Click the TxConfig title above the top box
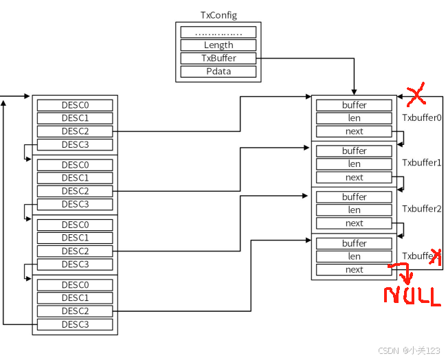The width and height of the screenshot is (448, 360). pos(218,15)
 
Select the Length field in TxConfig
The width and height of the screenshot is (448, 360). pos(218,45)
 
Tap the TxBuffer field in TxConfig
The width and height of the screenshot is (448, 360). pos(218,58)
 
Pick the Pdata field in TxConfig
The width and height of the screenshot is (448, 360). pos(218,71)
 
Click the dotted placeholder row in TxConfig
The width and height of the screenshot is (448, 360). pos(218,32)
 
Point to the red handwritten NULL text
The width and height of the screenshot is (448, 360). pos(412,296)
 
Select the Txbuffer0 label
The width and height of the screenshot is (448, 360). pos(422,117)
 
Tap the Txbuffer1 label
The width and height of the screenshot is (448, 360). pos(422,163)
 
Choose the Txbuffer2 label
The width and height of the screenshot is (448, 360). pos(422,209)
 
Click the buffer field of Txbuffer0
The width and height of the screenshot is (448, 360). pos(354,105)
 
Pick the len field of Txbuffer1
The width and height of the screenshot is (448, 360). pos(354,164)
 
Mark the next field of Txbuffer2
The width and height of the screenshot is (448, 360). pos(354,223)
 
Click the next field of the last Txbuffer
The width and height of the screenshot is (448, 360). pos(354,270)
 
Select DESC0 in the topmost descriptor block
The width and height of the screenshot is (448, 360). pos(75,105)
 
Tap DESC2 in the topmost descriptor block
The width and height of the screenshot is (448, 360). pos(75,131)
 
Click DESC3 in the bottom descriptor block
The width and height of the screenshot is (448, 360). pos(75,324)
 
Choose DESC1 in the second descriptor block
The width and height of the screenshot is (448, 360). pos(75,178)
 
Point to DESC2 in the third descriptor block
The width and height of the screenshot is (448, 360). pos(75,251)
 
